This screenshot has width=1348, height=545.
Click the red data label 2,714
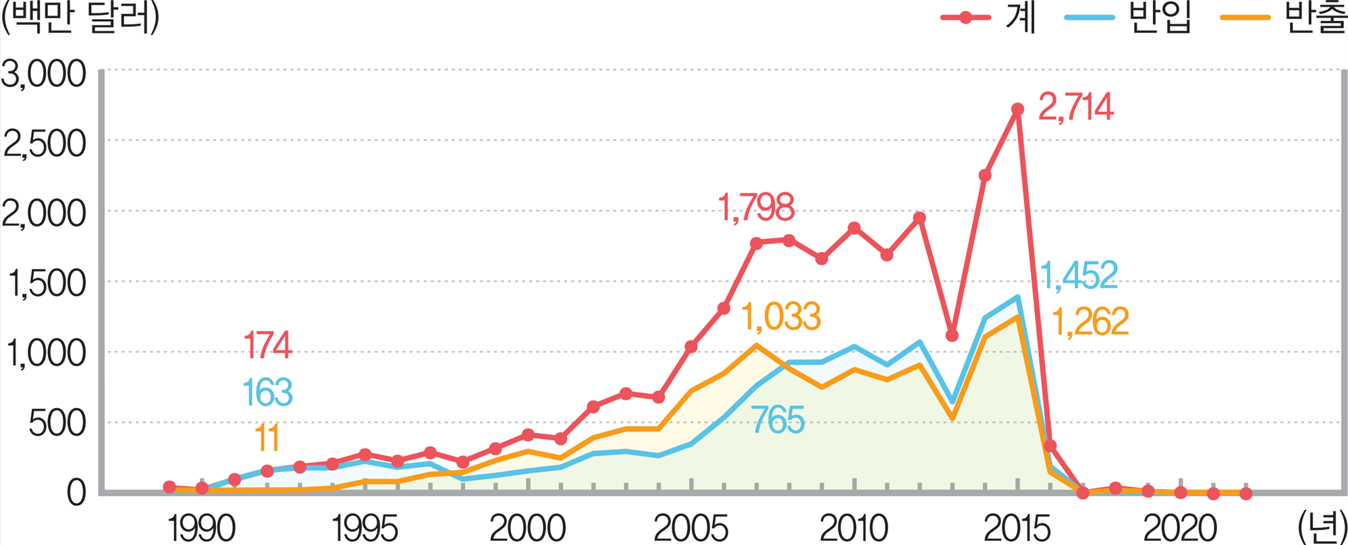coord(1075,107)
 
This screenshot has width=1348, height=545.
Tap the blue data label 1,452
coord(1079,276)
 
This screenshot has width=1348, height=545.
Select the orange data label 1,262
coord(1090,321)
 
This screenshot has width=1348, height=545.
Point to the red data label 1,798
coord(755,207)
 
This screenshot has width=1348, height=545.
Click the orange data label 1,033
coord(781,316)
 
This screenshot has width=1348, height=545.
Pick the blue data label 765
coord(778,420)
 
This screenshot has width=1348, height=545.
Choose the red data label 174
coord(267,345)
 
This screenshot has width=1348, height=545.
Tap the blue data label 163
coord(267,392)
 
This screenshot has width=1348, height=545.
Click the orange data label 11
coord(267,438)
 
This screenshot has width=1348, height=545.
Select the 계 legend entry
coord(1020,18)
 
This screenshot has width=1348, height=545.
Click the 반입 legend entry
coord(1160,18)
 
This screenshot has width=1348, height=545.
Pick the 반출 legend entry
coord(1316,18)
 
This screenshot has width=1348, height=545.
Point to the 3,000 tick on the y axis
coord(45,74)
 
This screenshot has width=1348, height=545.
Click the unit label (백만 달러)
coord(81,19)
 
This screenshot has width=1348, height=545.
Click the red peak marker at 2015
coord(1017,109)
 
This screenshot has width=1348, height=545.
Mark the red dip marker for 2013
coord(952,335)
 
